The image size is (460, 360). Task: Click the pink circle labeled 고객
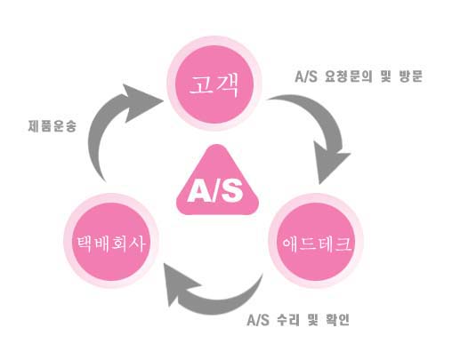pos(214,84)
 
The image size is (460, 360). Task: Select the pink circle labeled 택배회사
pos(111,241)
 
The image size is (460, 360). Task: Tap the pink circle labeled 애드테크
pos(316,241)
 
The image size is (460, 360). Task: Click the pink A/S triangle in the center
pos(217,182)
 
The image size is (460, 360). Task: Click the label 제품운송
pos(52,126)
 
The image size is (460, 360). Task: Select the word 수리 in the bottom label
pos(288,320)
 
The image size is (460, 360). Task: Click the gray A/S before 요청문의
pos(306,76)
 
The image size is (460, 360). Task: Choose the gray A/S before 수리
pos(258,320)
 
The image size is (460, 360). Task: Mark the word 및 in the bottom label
pos(312,320)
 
